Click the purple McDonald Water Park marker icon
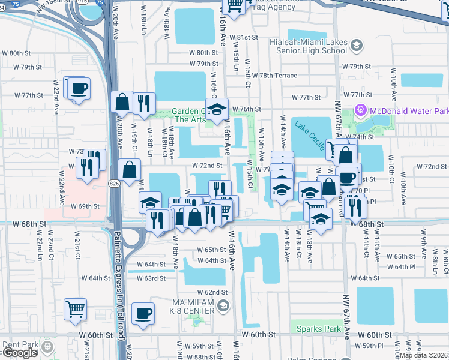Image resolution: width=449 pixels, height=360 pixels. click(360, 110)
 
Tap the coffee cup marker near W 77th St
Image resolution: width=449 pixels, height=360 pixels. click(79, 89)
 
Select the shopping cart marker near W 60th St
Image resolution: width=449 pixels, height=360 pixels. click(76, 310)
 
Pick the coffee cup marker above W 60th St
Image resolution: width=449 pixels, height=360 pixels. click(143, 313)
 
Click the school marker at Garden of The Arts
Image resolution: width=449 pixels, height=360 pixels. click(217, 109)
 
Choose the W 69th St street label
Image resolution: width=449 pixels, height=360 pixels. click(85, 206)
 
